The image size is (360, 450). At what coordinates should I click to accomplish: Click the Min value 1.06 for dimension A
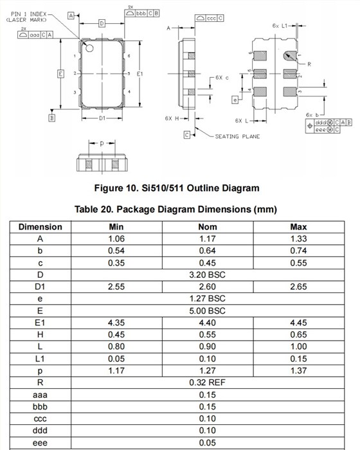pyautogui.click(x=116, y=239)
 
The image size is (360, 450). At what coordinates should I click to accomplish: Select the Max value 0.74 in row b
pyautogui.click(x=298, y=250)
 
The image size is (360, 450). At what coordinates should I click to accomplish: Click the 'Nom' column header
pyautogui.click(x=208, y=226)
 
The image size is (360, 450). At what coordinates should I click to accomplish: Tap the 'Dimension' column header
pyautogui.click(x=40, y=226)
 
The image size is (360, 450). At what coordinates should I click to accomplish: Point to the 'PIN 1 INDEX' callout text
pyautogui.click(x=29, y=14)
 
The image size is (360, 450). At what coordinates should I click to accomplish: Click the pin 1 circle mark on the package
pyautogui.click(x=89, y=48)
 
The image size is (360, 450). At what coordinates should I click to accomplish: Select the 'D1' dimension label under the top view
pyautogui.click(x=102, y=120)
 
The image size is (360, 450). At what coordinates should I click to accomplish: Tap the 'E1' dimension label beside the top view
pyautogui.click(x=139, y=74)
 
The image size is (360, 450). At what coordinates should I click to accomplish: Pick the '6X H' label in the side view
pyautogui.click(x=171, y=118)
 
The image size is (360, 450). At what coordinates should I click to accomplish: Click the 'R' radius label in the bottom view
pyautogui.click(x=310, y=64)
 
